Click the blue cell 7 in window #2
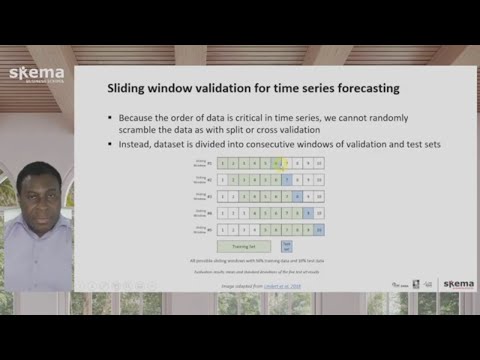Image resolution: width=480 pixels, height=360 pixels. pos(286,179)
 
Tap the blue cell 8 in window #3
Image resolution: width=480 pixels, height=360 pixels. pos(297,196)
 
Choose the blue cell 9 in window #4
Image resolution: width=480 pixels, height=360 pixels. pos(308,213)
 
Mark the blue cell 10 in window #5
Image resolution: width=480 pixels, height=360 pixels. pos(319,229)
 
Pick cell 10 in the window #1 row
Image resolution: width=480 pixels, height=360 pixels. pos(319,163)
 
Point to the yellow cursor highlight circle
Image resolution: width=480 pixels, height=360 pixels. pos(286,163)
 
